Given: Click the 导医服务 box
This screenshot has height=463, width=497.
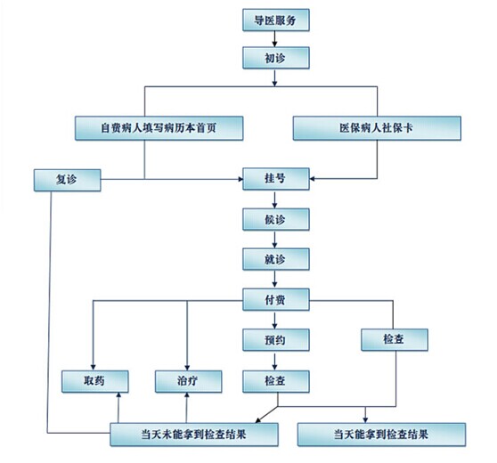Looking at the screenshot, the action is click(276, 20).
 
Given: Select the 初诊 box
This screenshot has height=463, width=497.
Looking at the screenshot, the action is click(276, 58).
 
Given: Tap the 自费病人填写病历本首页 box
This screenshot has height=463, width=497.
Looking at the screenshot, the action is click(159, 128).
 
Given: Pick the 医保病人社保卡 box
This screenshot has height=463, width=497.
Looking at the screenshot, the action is click(377, 128).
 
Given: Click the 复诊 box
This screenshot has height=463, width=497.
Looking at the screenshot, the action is click(67, 180).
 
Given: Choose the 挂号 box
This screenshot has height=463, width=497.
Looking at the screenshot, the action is click(276, 179).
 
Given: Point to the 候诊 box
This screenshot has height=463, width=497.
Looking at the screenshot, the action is click(276, 219).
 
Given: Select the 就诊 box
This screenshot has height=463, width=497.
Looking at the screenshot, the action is click(276, 259).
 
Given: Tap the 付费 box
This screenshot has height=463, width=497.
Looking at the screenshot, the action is click(276, 299).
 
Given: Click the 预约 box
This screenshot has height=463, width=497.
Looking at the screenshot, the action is click(276, 340).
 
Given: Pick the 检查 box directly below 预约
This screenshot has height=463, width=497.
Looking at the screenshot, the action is click(276, 382).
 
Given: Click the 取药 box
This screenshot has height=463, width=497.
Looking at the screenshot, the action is click(94, 382).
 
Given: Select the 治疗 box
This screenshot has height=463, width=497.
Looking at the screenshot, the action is click(188, 382).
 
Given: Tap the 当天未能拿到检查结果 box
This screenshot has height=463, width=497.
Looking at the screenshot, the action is click(194, 435).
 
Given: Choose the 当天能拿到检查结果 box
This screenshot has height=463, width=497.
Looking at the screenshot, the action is click(381, 435).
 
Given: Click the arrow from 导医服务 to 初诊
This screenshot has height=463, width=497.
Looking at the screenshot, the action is click(274, 39).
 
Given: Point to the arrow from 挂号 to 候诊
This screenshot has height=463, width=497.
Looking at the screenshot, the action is click(274, 199).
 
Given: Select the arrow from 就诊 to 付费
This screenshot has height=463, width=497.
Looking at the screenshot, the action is click(274, 280).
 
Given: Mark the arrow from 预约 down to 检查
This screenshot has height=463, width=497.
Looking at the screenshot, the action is click(274, 361).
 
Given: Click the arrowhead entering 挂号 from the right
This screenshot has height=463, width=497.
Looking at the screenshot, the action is click(312, 179).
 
